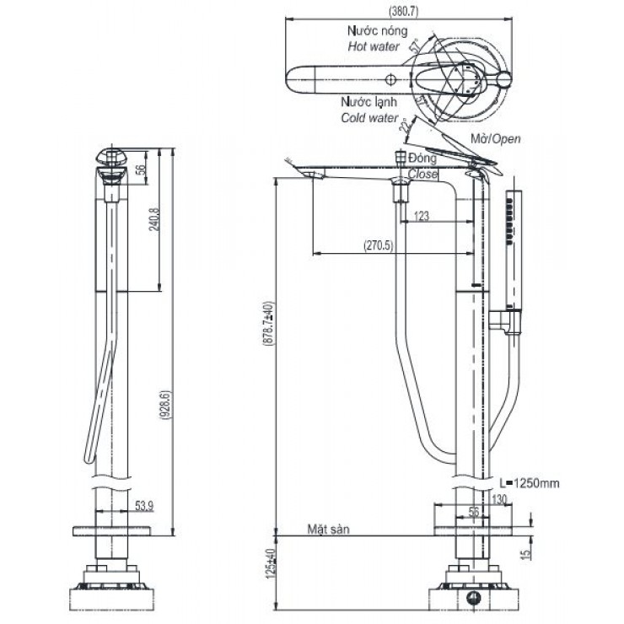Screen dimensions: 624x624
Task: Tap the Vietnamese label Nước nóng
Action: click(377, 30)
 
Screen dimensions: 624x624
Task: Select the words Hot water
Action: click(374, 46)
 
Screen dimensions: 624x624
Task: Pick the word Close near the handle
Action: click(422, 174)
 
